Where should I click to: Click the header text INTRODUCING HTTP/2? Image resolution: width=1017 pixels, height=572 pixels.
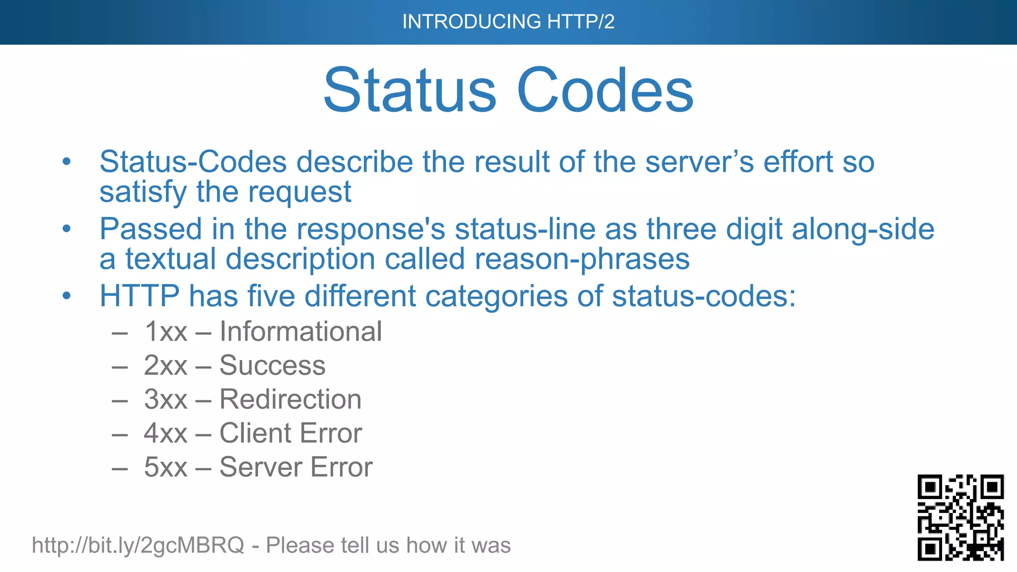coord(508,22)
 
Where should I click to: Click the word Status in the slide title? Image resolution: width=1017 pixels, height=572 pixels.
coord(410,90)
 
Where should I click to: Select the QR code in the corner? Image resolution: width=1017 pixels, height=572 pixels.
coord(960,517)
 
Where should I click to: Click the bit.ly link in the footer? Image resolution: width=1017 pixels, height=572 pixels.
coord(138,545)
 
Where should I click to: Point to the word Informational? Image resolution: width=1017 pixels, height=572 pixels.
coord(300,332)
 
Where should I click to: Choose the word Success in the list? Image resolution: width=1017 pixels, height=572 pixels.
coord(272,365)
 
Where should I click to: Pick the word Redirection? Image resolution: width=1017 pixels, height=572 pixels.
coord(290,399)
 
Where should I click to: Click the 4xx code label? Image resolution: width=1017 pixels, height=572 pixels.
coord(165,433)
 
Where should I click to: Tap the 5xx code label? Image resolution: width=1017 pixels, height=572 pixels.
coord(165,467)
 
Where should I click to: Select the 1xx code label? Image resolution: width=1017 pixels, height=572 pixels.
coord(165,332)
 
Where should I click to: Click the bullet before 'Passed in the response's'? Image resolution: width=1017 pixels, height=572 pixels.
coord(67,229)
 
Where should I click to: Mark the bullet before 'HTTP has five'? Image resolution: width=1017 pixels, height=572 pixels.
coord(67,296)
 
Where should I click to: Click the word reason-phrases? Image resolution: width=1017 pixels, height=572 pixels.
coord(582,259)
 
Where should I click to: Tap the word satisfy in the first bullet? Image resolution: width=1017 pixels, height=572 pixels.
coord(143,192)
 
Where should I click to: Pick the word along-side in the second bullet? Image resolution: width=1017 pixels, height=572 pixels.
coord(863,229)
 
